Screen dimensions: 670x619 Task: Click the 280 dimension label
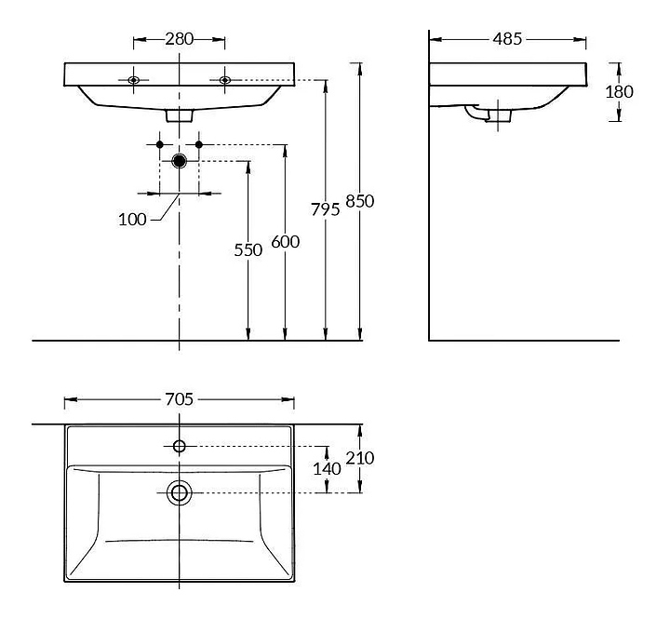(180, 39)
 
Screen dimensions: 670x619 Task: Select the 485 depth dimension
(507, 39)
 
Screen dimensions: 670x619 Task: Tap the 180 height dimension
(619, 92)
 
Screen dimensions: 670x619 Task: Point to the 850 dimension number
(360, 201)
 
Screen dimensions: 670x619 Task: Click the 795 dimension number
(325, 209)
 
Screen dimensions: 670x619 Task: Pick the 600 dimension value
(286, 242)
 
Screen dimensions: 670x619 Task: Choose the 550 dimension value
(248, 250)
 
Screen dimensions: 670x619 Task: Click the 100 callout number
(132, 220)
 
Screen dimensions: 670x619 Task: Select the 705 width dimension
(180, 399)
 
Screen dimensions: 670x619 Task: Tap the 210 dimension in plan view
(360, 458)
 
